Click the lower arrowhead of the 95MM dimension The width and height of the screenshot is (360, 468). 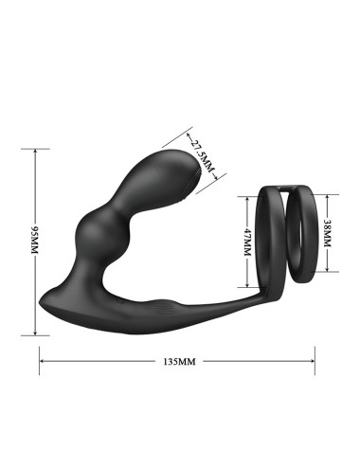[x=35, y=333]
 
